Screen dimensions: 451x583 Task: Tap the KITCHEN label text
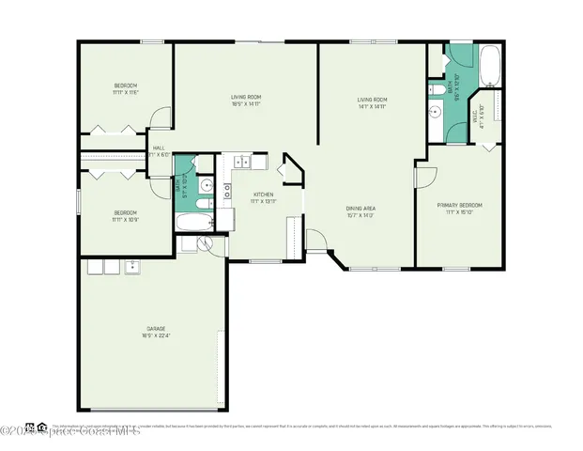tap(262, 195)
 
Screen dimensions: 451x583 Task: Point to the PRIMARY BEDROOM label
tap(459, 204)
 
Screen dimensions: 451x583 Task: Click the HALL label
tap(159, 148)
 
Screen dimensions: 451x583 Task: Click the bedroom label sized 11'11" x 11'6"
tap(126, 86)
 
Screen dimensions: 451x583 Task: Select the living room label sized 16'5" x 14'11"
tap(246, 97)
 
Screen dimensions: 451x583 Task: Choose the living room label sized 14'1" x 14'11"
tap(372, 100)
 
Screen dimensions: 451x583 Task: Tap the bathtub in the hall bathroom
tap(195, 224)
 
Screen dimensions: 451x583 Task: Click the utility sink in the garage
tap(133, 267)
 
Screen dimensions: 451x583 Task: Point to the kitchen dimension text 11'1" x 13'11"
tap(262, 202)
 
